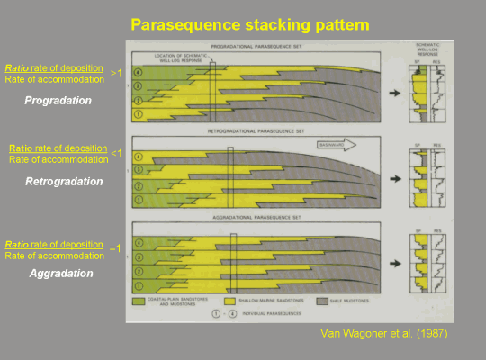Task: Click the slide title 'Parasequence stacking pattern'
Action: (242, 22)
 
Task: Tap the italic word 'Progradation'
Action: (58, 101)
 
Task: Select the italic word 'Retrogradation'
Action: (64, 181)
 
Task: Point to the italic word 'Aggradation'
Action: (59, 272)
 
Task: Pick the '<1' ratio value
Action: (115, 153)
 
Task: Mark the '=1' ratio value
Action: (114, 247)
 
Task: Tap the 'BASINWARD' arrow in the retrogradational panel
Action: (337, 144)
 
